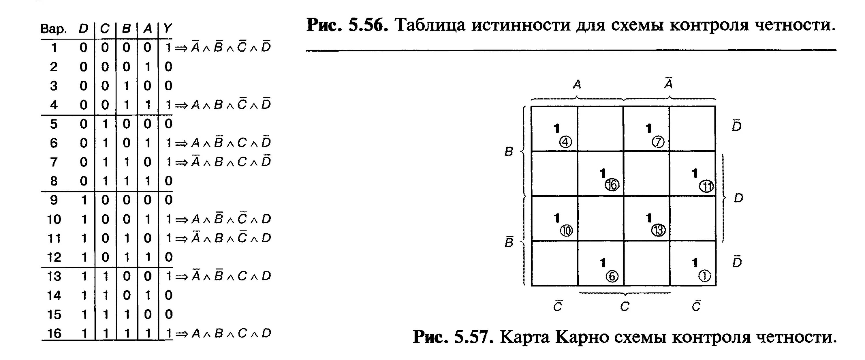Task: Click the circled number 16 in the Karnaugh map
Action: [612, 185]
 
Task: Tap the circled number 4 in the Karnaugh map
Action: [565, 142]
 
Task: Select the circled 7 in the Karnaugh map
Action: [658, 142]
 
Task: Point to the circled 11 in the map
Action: [706, 186]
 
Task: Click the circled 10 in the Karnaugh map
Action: [567, 230]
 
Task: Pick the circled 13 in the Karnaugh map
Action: [658, 230]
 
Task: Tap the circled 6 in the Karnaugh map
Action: [612, 276]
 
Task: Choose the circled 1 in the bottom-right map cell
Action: [704, 276]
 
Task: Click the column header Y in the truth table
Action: [168, 29]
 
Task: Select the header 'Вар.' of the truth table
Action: [53, 29]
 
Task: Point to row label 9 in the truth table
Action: [54, 200]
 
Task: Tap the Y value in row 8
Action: [168, 181]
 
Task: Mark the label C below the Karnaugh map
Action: [625, 306]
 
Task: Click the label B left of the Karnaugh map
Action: [509, 152]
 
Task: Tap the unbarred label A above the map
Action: [577, 84]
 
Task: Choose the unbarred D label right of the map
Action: [738, 198]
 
